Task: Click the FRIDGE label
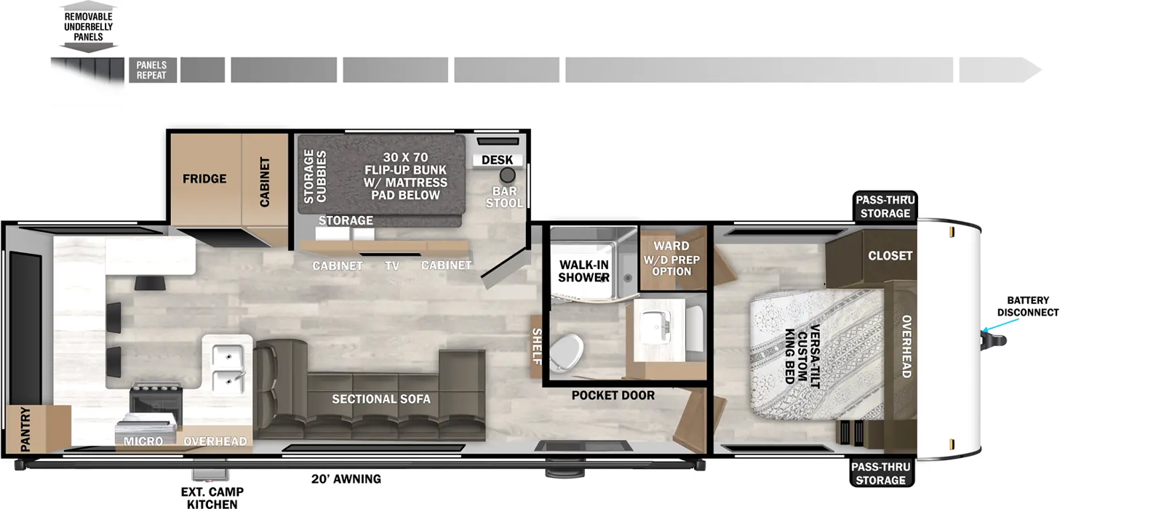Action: tap(204, 179)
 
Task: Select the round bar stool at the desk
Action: tap(507, 175)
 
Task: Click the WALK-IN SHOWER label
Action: tap(583, 271)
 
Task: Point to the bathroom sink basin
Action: tap(655, 327)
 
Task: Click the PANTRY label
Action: tap(25, 429)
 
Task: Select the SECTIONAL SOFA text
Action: tap(381, 399)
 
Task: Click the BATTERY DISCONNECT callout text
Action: tap(1027, 306)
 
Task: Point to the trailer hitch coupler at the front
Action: tap(994, 341)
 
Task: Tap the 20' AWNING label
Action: tap(346, 479)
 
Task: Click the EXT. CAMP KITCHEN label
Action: tap(212, 497)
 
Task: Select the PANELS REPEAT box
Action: tap(153, 70)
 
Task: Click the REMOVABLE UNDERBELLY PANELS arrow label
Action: tap(88, 27)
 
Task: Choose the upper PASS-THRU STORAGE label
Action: tap(885, 207)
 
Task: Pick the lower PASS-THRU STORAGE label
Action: tap(881, 473)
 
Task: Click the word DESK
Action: tap(498, 160)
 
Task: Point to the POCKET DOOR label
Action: tap(613, 396)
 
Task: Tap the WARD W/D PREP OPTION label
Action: tap(671, 258)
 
